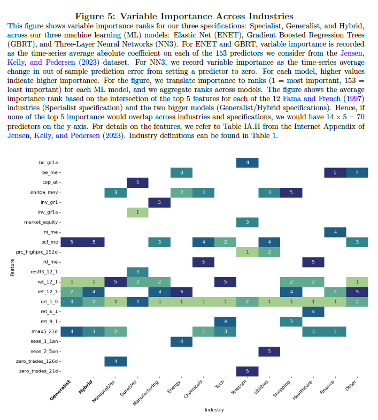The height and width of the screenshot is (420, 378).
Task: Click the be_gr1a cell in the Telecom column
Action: [x=248, y=163]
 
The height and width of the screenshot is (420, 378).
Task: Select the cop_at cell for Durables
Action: [x=137, y=182]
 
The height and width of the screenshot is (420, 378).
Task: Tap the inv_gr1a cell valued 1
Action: [x=137, y=212]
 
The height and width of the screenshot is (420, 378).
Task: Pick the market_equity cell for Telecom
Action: [x=248, y=222]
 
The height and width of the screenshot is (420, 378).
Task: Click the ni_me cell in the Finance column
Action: [x=335, y=232]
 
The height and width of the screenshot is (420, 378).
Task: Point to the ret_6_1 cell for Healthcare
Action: [x=313, y=311]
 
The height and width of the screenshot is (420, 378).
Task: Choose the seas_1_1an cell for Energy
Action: [x=181, y=341]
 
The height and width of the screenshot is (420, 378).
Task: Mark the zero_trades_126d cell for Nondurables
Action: [x=115, y=361]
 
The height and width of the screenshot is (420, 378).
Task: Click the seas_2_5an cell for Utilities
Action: [x=269, y=351]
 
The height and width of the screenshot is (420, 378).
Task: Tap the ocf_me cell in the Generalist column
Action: [x=72, y=242]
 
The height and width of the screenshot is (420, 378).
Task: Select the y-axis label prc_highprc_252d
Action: [x=37, y=252]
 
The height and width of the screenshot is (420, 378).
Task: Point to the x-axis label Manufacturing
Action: [x=146, y=393]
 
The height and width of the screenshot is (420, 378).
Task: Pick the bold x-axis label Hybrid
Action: [x=86, y=387]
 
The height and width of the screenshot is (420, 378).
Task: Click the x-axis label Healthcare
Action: [x=303, y=390]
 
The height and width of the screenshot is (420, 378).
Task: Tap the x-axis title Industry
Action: [x=214, y=410]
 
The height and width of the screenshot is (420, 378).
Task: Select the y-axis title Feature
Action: [x=12, y=268]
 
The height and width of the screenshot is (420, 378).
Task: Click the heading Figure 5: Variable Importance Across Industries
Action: [x=184, y=17]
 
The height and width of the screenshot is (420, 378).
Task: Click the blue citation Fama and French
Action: [x=312, y=99]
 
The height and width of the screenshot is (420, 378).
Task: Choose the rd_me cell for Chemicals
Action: [x=204, y=262]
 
